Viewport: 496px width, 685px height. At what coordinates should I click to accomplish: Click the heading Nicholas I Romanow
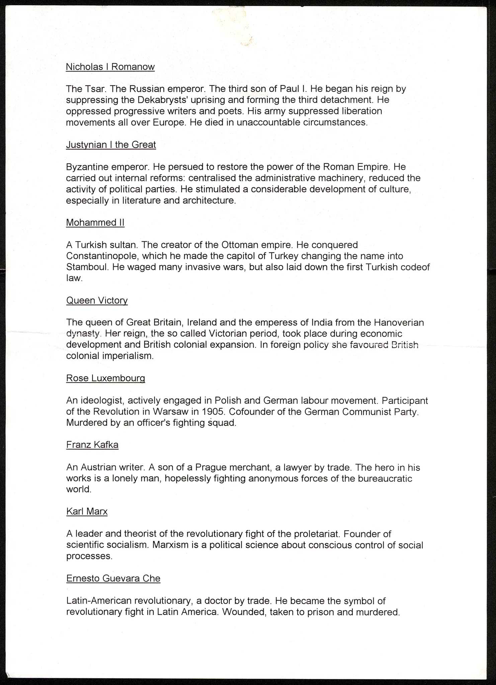coord(110,67)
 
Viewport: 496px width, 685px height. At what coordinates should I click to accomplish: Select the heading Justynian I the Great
coord(111,145)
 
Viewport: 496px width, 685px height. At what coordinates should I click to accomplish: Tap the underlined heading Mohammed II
coord(95,223)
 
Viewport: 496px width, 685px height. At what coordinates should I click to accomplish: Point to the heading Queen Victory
coord(97,301)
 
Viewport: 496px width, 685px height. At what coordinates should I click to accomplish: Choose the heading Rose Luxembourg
coord(105,378)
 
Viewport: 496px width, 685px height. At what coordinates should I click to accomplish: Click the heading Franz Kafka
coord(92,445)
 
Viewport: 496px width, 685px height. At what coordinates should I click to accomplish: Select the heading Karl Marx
coord(87,511)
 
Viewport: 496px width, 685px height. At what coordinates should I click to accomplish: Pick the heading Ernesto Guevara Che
coord(113,578)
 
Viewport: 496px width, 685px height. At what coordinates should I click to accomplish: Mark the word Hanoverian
coord(399,323)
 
